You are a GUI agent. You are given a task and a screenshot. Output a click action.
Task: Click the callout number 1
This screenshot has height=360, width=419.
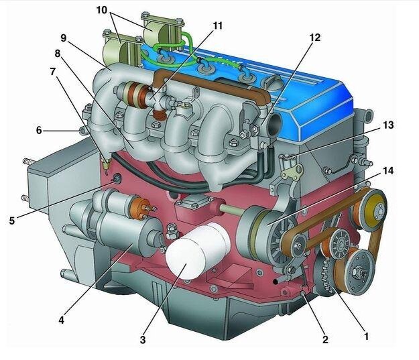tap(366, 336)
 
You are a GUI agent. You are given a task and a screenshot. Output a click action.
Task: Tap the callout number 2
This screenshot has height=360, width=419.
tap(325, 339)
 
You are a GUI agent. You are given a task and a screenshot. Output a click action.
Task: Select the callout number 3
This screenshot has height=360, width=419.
tap(143, 340)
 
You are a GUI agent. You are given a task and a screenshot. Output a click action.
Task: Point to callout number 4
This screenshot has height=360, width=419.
tap(62, 320)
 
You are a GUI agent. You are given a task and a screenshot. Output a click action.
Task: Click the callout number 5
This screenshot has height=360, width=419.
tap(12, 221)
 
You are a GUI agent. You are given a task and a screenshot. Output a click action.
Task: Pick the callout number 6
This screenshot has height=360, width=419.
tap(39, 131)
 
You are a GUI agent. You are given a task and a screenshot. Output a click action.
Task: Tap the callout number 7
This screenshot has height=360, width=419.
tap(53, 72)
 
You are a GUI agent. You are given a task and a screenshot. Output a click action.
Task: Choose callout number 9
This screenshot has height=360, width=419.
tap(63, 38)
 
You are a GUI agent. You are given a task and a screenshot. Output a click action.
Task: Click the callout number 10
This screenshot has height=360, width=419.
tap(101, 10)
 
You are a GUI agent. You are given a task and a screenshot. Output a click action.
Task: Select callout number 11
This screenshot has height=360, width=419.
tap(217, 25)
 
